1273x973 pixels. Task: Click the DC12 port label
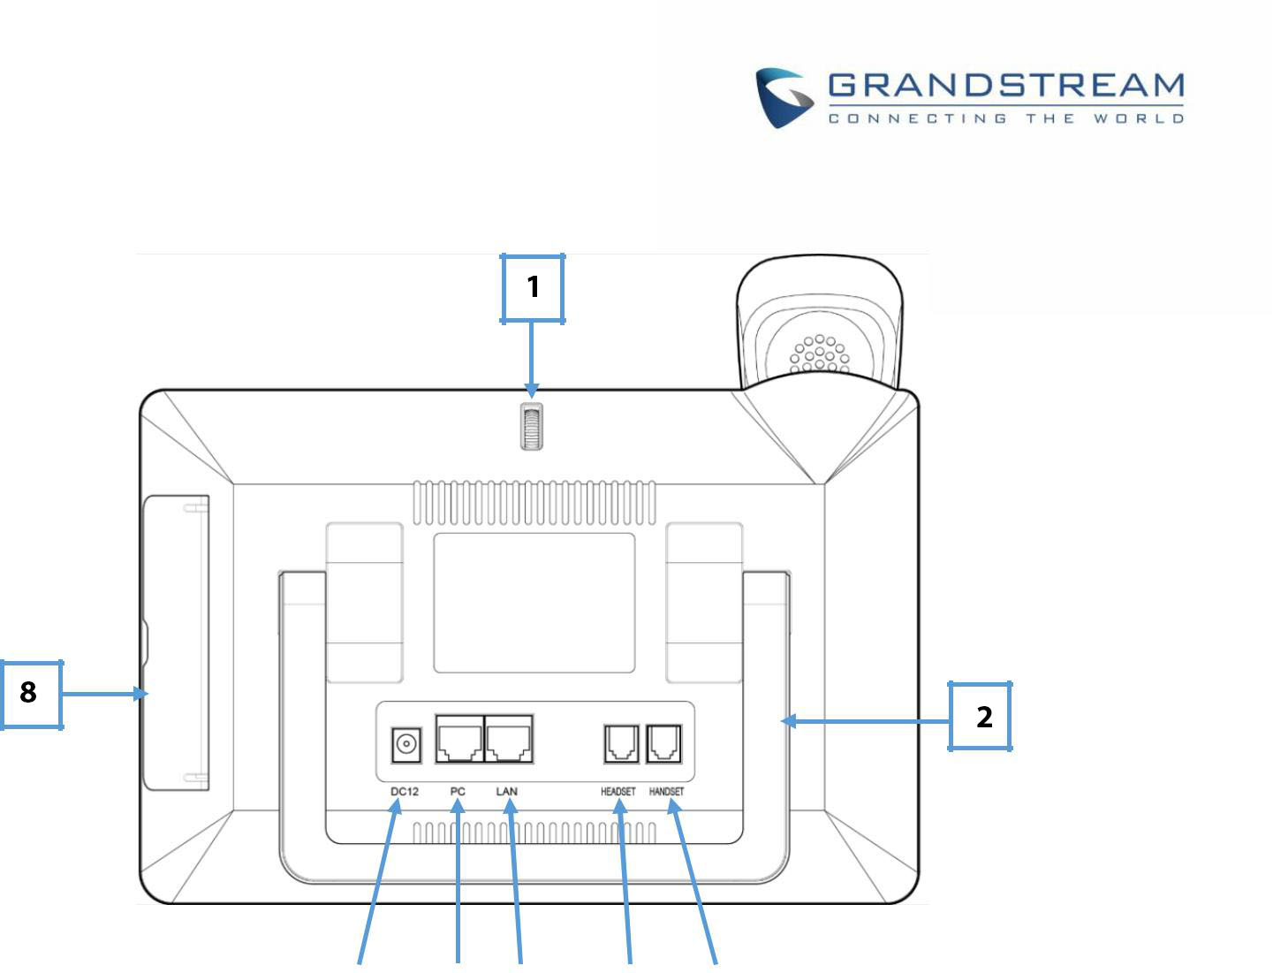pyautogui.click(x=405, y=792)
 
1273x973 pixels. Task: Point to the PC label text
pyautogui.click(x=458, y=792)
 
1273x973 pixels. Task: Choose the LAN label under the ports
pyautogui.click(x=506, y=792)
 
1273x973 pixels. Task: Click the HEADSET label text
pyautogui.click(x=618, y=792)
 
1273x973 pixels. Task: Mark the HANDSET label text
pyautogui.click(x=666, y=792)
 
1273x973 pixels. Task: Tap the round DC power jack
pyautogui.click(x=406, y=744)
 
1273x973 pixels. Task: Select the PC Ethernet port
pyautogui.click(x=459, y=739)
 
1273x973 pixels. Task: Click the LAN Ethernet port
pyautogui.click(x=509, y=739)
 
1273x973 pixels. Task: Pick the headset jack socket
pyautogui.click(x=621, y=743)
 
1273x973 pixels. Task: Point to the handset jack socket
pyautogui.click(x=664, y=743)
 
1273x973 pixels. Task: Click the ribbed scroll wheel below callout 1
pyautogui.click(x=532, y=427)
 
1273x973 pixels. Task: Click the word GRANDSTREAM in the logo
pyautogui.click(x=1005, y=85)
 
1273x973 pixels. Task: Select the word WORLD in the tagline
pyautogui.click(x=1139, y=118)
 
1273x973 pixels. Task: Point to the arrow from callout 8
pyautogui.click(x=105, y=694)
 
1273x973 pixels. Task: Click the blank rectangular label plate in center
pyautogui.click(x=534, y=603)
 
